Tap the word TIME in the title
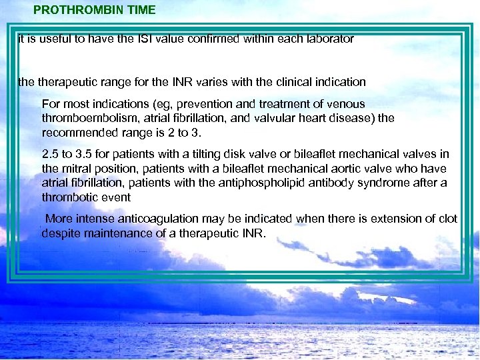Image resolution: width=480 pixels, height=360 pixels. pyautogui.click(x=141, y=10)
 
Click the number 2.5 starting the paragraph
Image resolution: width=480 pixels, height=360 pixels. pyautogui.click(x=50, y=155)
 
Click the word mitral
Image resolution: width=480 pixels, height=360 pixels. pyautogui.click(x=77, y=169)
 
